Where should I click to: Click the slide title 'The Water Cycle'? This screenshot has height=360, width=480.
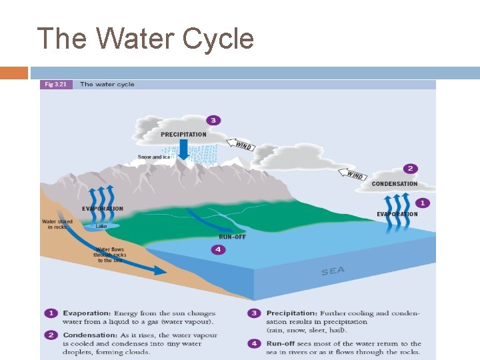click(145, 39)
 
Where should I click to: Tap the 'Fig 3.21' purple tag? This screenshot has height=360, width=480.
click(56, 85)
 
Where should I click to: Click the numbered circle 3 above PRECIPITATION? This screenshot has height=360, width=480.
click(213, 120)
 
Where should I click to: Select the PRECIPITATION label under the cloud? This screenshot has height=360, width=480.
click(183, 134)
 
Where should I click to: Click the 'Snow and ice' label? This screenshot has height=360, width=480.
click(154, 157)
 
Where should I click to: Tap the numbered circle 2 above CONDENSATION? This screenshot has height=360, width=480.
click(411, 169)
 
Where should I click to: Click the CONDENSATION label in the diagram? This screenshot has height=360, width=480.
click(395, 184)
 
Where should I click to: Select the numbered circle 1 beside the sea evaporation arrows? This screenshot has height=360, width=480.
click(421, 202)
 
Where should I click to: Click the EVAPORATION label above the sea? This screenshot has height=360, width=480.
click(397, 214)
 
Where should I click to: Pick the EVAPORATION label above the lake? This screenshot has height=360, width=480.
click(103, 209)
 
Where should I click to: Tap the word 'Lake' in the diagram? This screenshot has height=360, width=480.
click(101, 226)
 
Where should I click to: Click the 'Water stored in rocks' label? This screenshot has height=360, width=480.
click(57, 224)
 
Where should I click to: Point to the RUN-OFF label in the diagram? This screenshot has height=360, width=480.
click(233, 237)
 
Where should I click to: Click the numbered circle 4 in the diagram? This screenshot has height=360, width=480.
click(218, 250)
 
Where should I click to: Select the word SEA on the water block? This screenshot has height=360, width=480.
click(333, 271)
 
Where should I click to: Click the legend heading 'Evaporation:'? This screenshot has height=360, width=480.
click(87, 313)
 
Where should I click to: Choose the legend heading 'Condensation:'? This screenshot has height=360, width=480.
click(90, 335)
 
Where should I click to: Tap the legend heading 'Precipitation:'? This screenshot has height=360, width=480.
click(291, 313)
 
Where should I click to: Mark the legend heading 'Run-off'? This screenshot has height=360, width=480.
click(282, 343)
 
